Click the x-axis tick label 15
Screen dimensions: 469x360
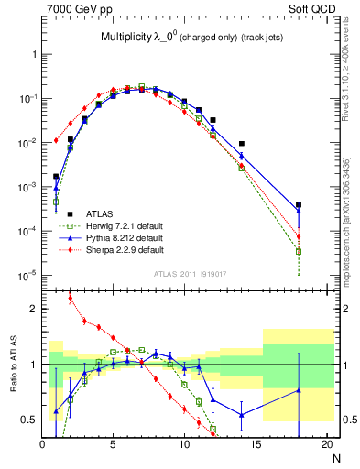(x=256, y=446)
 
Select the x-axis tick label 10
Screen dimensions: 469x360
(x=184, y=446)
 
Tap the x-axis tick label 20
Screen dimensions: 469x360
(x=327, y=446)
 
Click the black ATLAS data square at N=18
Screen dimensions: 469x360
(x=299, y=205)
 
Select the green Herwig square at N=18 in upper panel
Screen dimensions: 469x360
(x=299, y=251)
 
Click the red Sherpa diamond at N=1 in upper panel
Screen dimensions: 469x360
(x=56, y=140)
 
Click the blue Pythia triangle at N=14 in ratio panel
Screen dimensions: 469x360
(x=242, y=415)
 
